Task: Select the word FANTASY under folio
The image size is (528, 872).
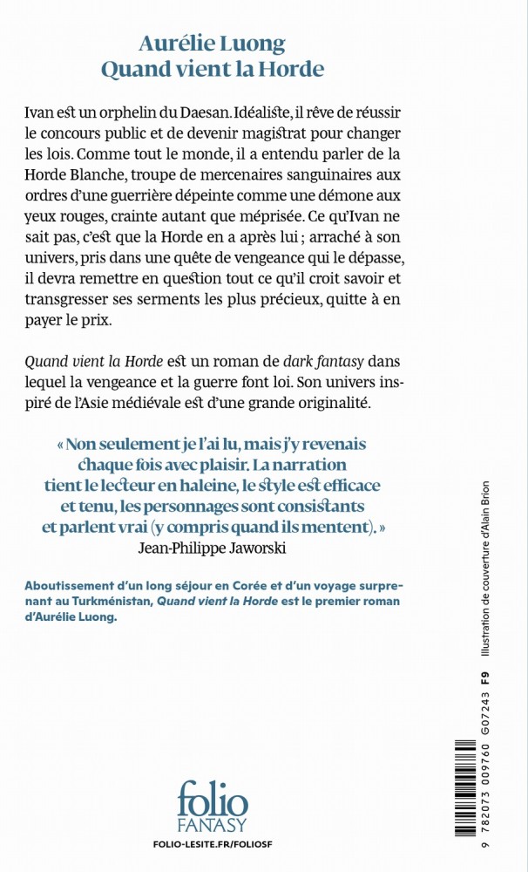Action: coord(213,824)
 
